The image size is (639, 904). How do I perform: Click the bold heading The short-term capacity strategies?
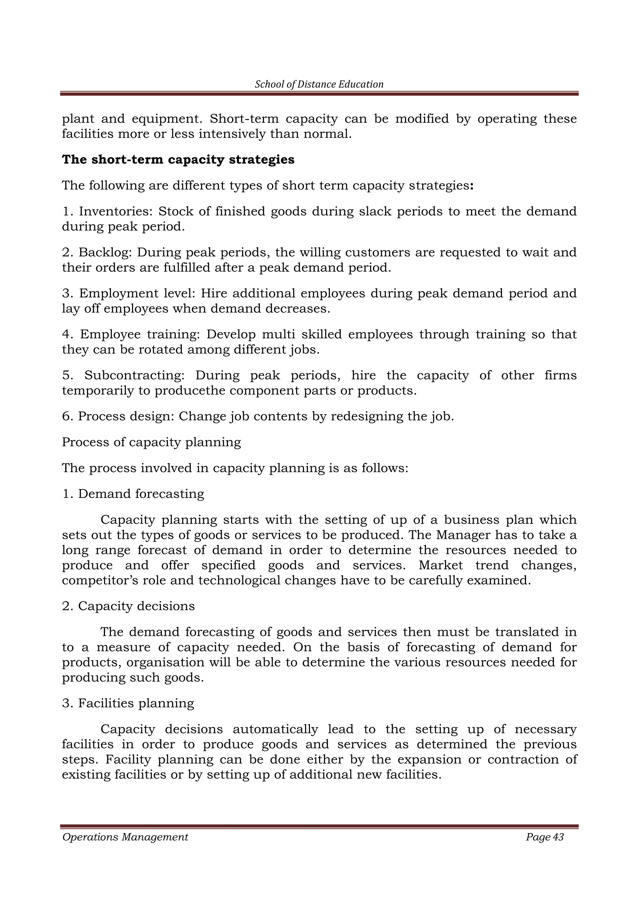click(x=178, y=160)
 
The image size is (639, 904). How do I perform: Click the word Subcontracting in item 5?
click(x=134, y=375)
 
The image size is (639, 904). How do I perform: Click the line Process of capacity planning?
click(x=152, y=442)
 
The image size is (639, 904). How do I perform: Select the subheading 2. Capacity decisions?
click(x=128, y=606)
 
